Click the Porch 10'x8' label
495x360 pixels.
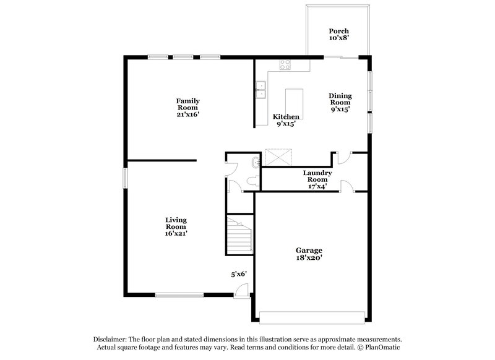[338, 35]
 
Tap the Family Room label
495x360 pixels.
[187, 108]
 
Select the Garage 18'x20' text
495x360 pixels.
[308, 254]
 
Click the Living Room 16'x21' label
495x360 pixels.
[176, 226]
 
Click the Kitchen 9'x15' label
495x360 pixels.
[286, 120]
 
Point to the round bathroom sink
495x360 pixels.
[256, 163]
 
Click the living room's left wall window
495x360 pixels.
[125, 178]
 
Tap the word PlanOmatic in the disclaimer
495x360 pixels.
[382, 348]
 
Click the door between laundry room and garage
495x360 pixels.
[347, 186]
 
